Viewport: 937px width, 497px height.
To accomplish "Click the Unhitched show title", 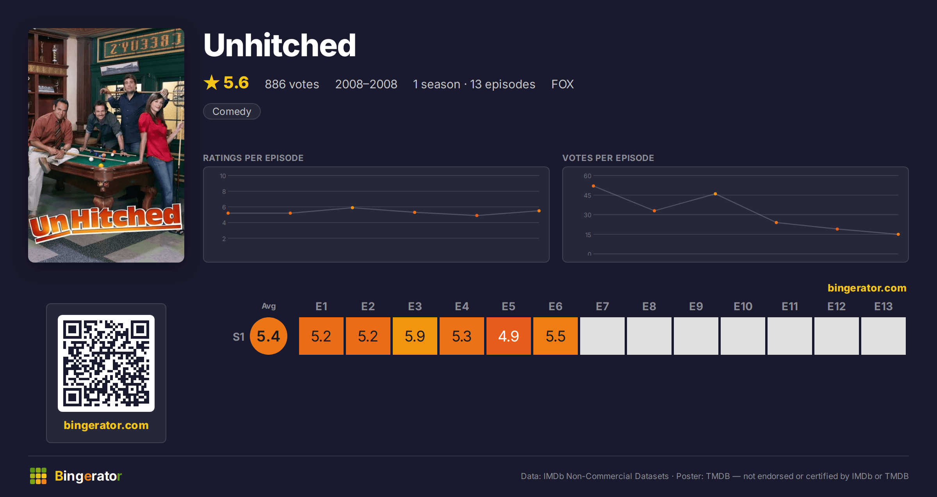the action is click(280, 45).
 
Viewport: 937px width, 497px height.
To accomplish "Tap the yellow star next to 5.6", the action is click(212, 82).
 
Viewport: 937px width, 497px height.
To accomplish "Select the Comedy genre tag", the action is click(232, 111).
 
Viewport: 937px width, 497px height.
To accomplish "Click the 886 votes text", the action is click(292, 84).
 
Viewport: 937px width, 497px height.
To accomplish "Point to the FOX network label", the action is click(562, 84).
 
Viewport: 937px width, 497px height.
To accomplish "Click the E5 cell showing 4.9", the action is click(508, 336).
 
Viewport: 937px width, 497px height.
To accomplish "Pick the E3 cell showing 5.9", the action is click(415, 336).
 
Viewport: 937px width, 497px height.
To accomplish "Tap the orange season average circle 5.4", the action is click(269, 336).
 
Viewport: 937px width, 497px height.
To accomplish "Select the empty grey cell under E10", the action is click(743, 336).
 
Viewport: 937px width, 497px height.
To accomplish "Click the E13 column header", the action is click(883, 306).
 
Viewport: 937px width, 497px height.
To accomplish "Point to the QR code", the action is click(106, 363).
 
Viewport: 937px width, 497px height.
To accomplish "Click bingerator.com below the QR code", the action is click(106, 425).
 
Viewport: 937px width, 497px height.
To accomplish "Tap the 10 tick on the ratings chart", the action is click(223, 176).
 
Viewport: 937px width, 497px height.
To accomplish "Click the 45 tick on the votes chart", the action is click(587, 195).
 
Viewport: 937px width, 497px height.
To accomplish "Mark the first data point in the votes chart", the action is click(593, 186).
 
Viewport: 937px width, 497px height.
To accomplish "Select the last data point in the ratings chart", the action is click(539, 211).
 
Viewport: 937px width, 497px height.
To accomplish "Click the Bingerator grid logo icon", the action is click(38, 476).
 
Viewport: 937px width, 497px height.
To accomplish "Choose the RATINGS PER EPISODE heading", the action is click(253, 158).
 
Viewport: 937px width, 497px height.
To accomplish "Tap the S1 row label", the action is click(239, 337).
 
